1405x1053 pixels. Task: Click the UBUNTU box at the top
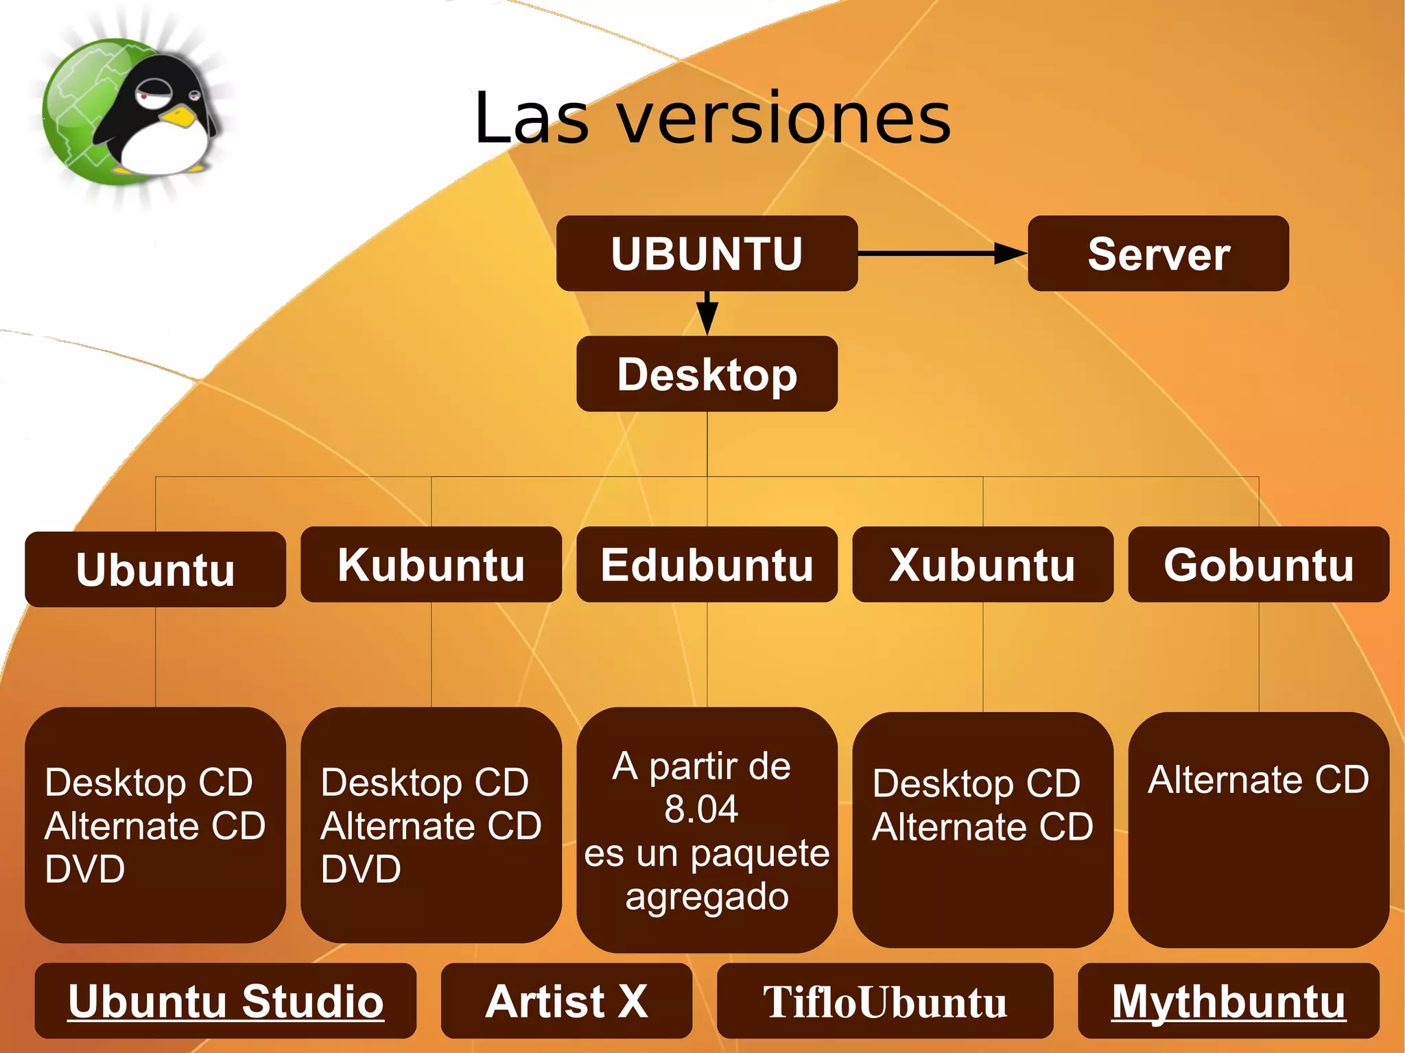pos(707,254)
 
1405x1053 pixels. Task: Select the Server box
pos(1158,254)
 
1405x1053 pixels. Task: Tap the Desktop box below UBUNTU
pos(707,374)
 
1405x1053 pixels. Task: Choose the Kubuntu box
pos(431,565)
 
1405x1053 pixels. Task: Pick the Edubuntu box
pos(707,565)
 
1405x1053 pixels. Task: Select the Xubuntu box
pos(982,565)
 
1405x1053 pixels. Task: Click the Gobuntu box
pos(1258,565)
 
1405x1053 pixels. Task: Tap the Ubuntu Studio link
pos(226,1001)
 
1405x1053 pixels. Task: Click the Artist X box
pos(566,1001)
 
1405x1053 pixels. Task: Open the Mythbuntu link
pos(1228,1001)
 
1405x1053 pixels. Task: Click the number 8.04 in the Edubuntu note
pos(701,809)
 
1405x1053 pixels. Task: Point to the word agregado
pos(707,896)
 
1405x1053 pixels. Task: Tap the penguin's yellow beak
pos(180,117)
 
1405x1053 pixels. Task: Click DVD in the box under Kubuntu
pos(361,869)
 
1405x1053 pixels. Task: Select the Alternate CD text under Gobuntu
pos(1258,779)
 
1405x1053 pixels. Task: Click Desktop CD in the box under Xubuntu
pos(976,783)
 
